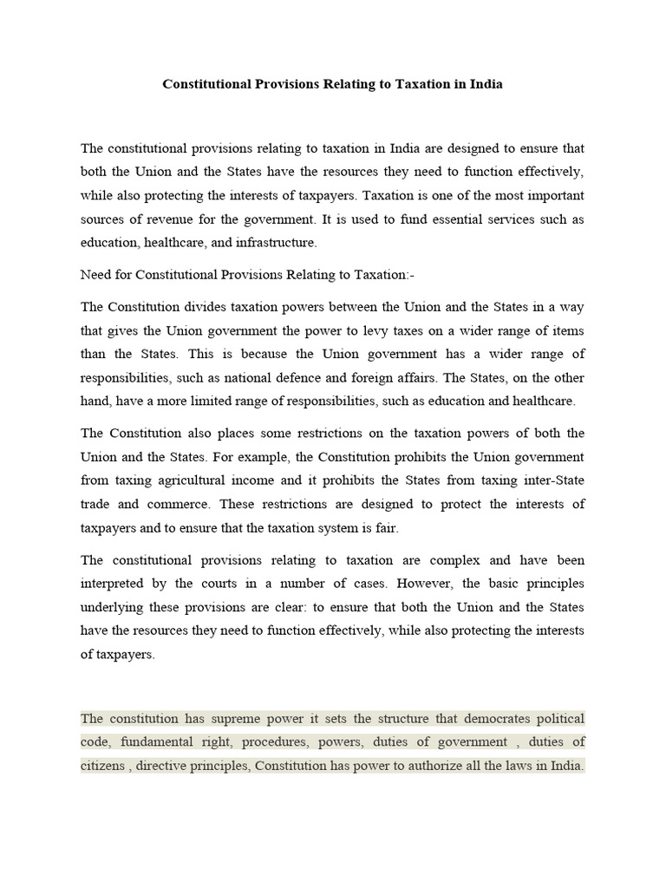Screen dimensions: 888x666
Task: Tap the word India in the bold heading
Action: point(482,85)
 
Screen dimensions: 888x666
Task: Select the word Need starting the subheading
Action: point(97,274)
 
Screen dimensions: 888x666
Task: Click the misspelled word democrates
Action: point(488,719)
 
